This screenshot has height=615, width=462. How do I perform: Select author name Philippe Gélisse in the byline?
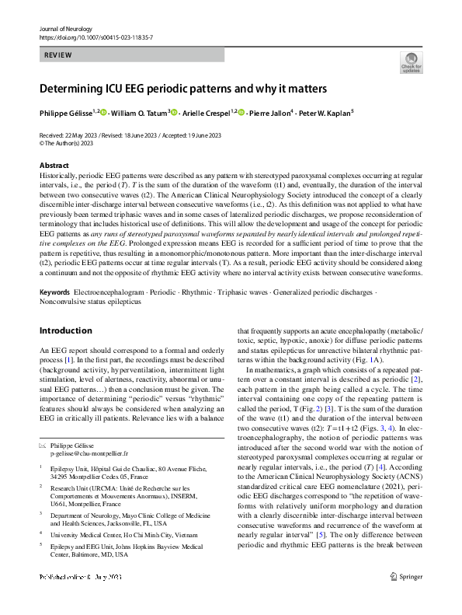pos(66,113)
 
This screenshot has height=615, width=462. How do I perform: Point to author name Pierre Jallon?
pos(268,113)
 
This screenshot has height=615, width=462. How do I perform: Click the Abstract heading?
pos(54,166)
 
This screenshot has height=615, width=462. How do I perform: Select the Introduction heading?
pos(65,330)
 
